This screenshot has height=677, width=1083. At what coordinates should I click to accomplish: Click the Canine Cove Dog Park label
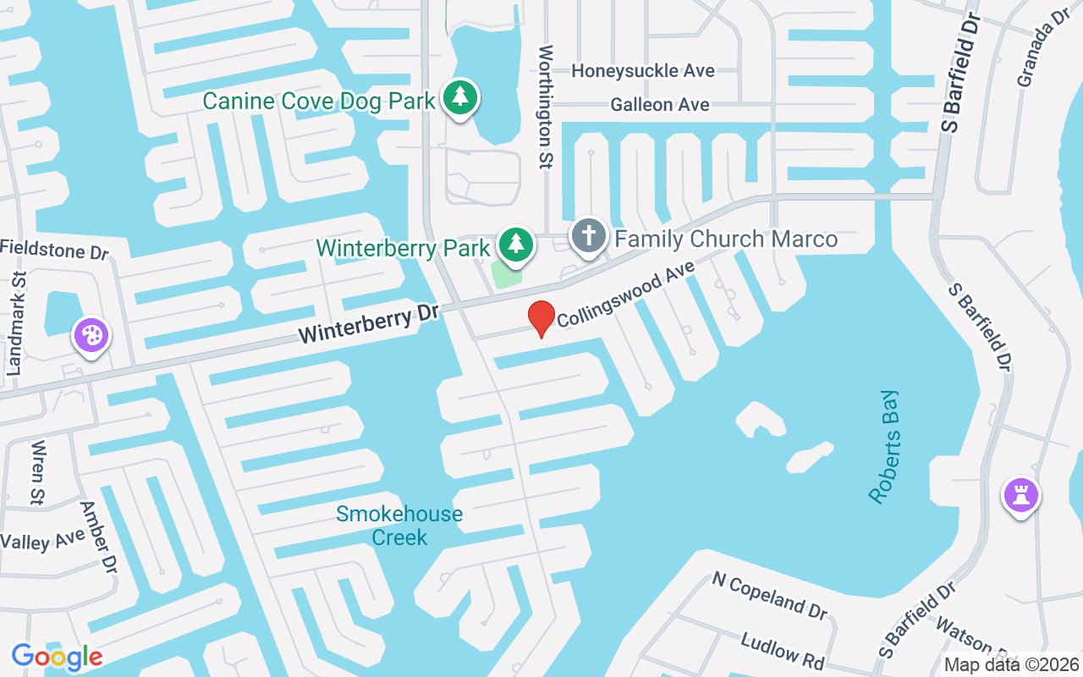319,102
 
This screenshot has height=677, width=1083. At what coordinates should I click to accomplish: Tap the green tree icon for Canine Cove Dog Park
459,97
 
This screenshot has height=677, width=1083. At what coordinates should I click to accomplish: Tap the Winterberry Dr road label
368,324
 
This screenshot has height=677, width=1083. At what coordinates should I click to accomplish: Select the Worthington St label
546,107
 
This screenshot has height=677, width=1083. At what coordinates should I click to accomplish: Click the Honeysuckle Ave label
643,71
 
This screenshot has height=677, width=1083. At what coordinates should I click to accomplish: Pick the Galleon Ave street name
660,105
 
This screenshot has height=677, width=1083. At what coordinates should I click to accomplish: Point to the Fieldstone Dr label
56,250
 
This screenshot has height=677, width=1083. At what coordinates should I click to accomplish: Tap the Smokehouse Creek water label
399,526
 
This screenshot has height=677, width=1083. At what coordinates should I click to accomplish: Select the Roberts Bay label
885,447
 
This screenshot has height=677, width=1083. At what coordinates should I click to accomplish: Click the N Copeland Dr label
769,595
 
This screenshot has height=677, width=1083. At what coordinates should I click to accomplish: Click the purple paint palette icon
91,335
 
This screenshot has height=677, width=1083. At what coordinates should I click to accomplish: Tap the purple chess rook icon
1020,494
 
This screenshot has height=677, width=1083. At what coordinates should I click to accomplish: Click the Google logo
57,656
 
